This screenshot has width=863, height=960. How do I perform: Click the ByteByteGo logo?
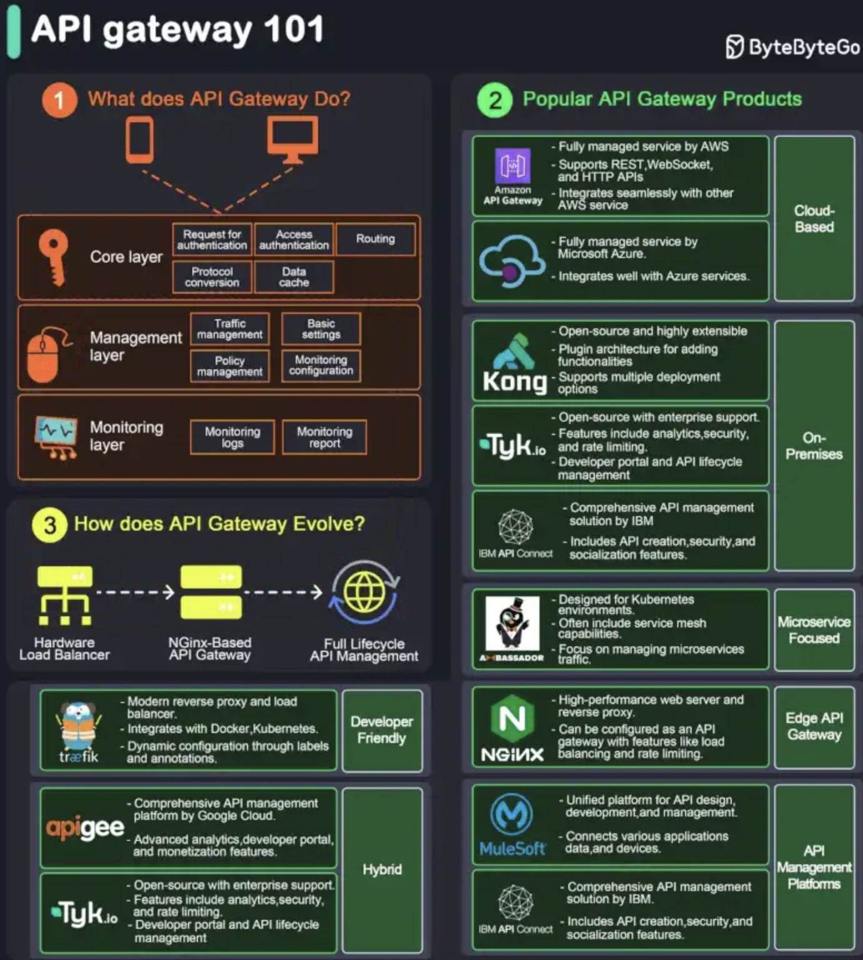[x=792, y=47]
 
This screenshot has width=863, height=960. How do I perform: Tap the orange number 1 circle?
[x=59, y=100]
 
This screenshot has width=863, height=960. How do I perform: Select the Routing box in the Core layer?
[x=376, y=239]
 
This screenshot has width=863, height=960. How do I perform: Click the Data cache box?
[x=294, y=277]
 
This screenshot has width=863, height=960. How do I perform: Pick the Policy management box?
[x=230, y=366]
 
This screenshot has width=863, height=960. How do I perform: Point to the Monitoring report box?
[x=324, y=437]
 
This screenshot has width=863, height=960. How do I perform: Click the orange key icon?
[x=54, y=257]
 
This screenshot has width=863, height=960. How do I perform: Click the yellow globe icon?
[x=364, y=592]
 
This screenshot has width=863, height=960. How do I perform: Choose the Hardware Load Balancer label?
[x=64, y=649]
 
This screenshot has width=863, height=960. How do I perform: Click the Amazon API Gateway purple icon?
[x=512, y=166]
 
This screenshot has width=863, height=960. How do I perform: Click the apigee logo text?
[x=85, y=827]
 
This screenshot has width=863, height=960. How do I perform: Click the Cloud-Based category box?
[x=814, y=219]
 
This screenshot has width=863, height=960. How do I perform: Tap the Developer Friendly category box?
[x=382, y=730]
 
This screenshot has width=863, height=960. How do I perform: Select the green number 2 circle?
[x=495, y=100]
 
